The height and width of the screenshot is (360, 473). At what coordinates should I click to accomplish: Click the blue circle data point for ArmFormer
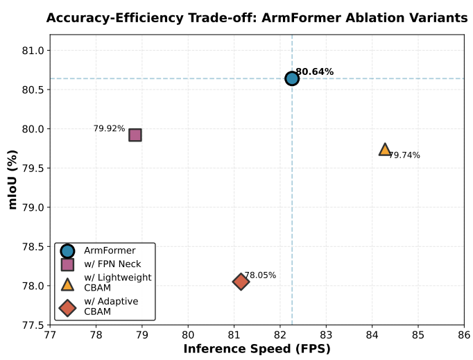pos(292,78)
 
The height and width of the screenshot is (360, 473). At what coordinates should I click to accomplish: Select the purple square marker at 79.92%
pos(135,135)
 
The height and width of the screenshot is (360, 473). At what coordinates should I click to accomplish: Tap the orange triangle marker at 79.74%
pos(385,149)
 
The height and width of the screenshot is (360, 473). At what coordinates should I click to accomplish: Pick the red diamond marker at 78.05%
pos(241,282)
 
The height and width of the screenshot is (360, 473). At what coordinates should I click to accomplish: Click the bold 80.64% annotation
pos(314,71)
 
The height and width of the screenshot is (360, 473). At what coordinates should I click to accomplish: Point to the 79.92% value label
pos(110,128)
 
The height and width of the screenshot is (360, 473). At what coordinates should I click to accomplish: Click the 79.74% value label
pos(404,155)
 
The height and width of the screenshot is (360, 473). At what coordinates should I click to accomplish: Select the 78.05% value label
pos(260,275)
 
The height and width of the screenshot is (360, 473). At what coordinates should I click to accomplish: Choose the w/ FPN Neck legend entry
pos(112,264)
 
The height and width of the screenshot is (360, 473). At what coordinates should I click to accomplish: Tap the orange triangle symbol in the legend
pos(67,283)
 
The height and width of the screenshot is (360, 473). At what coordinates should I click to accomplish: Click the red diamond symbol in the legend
pos(67,307)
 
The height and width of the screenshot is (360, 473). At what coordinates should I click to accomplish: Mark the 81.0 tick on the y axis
pos(34,51)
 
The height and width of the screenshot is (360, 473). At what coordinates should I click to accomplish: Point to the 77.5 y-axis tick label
pos(34,325)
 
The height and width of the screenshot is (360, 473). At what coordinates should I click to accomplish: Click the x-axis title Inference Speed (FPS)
pos(257,349)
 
